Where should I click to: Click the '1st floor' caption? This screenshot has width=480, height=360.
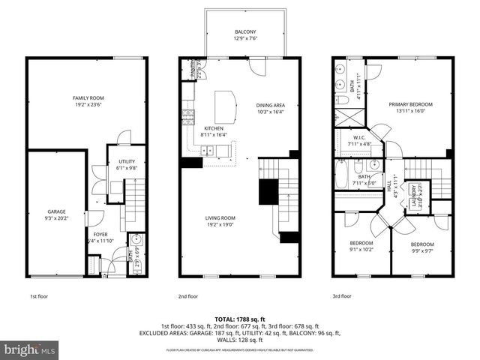(40, 296)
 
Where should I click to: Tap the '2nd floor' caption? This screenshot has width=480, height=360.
(187, 296)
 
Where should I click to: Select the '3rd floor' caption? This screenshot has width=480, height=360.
(341, 296)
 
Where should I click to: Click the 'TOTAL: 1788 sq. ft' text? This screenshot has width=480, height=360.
(240, 319)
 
